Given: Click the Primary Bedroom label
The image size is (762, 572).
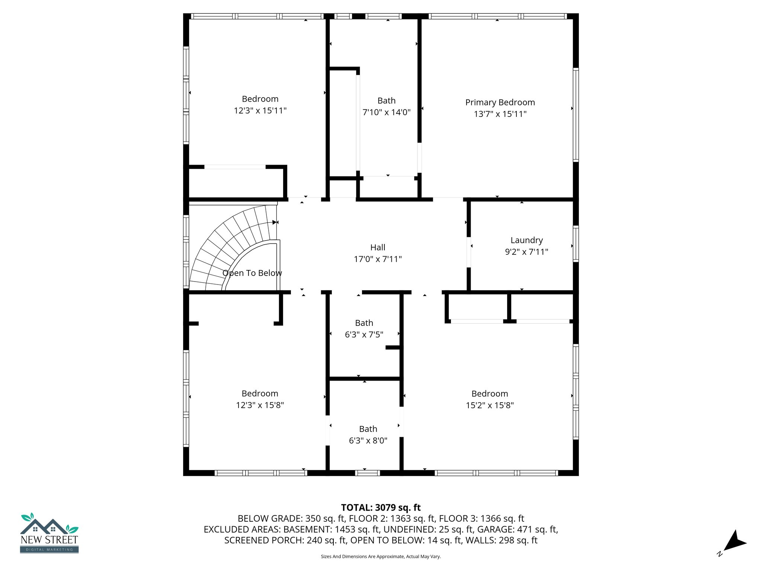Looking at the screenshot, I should [500, 102].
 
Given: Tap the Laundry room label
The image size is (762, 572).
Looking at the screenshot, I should [526, 240].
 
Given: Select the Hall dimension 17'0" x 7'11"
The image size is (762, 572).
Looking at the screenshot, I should [378, 259].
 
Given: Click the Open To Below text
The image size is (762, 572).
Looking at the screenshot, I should [252, 273].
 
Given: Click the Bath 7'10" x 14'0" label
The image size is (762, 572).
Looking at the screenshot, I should [386, 101].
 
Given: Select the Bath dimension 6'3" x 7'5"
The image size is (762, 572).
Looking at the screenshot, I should [364, 334].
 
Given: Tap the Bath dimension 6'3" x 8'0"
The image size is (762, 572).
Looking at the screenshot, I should [368, 441].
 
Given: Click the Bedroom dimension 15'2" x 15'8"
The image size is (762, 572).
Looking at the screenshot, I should [490, 405].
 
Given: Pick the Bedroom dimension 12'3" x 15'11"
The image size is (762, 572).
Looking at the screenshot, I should [260, 111].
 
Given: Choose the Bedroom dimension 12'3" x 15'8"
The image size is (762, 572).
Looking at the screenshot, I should [260, 405].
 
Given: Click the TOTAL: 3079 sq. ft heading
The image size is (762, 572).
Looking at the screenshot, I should [381, 508].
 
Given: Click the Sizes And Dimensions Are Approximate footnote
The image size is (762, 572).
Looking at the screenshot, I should [381, 557].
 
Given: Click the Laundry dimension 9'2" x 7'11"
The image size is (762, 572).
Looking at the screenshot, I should [526, 252].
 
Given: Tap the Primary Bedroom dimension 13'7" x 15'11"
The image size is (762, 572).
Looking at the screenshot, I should [500, 114].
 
